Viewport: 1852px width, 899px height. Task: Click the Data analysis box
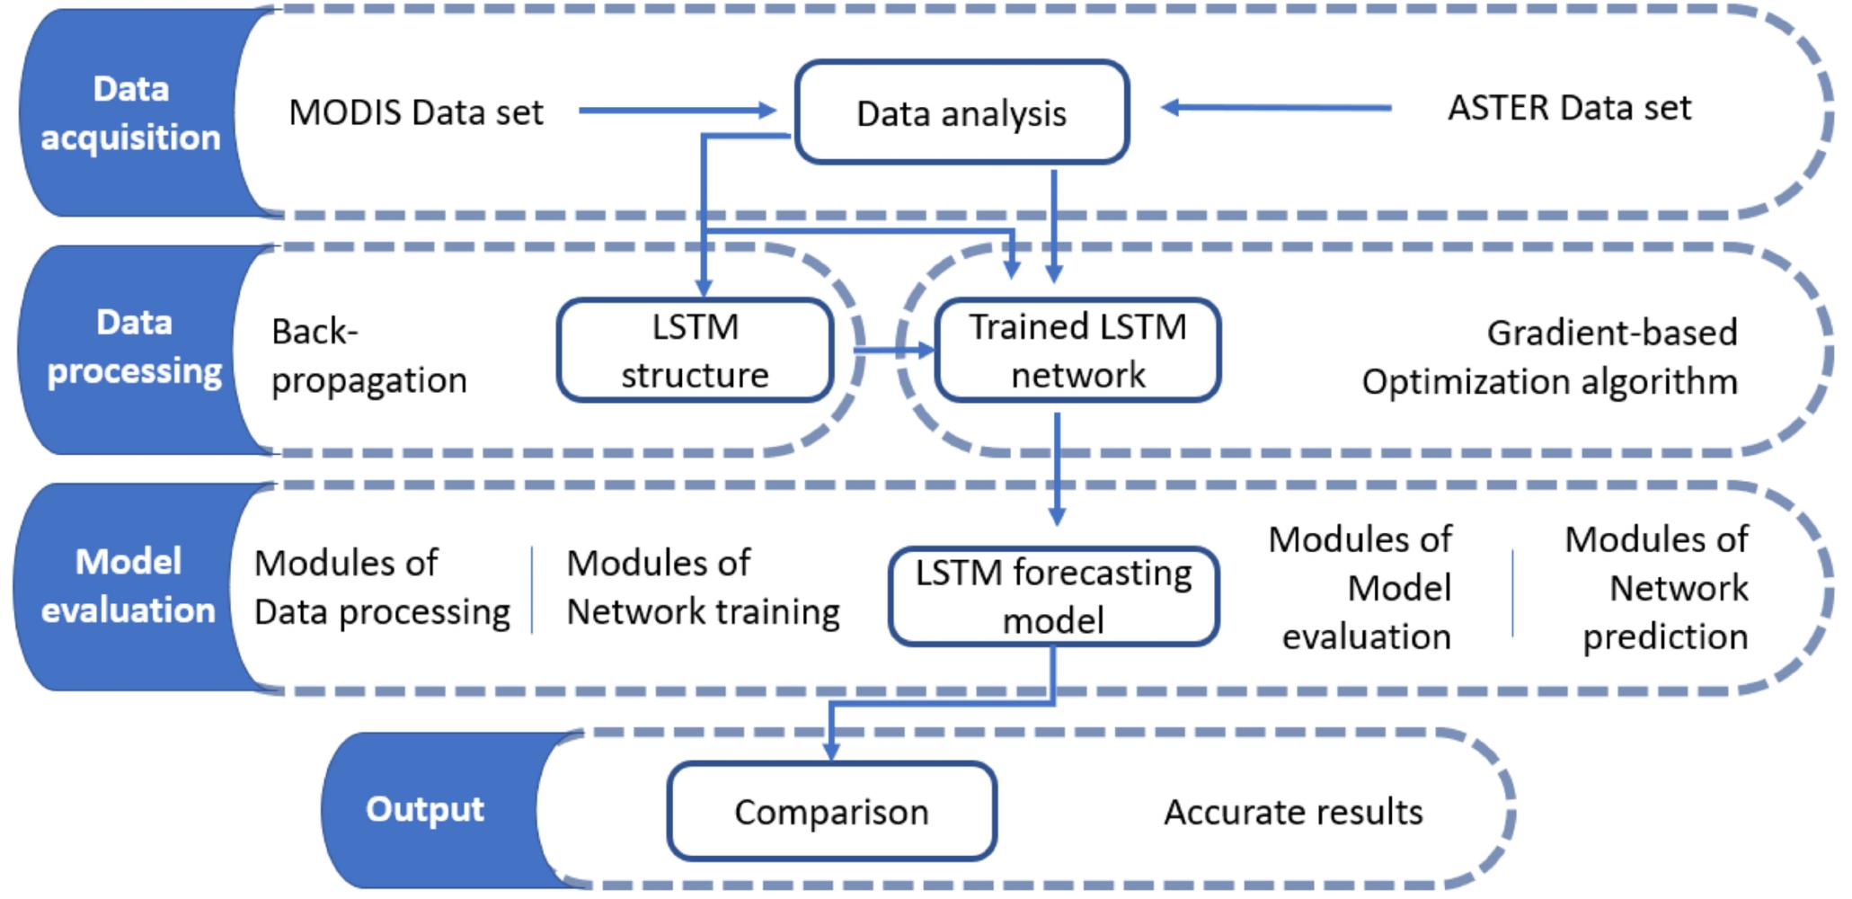(x=961, y=113)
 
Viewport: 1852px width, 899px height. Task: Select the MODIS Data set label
(x=415, y=113)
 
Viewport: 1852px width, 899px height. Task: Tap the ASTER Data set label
(x=1569, y=108)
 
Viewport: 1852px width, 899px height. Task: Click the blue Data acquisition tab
(x=130, y=113)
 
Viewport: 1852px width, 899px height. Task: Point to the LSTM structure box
(x=695, y=351)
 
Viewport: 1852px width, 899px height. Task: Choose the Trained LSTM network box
(x=1077, y=351)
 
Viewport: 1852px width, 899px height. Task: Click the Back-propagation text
(x=368, y=356)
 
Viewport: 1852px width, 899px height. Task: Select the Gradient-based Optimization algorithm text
(x=1550, y=358)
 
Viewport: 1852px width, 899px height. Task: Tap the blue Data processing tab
(x=134, y=347)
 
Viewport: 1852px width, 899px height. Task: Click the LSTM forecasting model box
(x=1053, y=597)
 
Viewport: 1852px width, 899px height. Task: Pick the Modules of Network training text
(x=703, y=588)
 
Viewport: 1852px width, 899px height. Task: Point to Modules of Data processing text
(x=382, y=588)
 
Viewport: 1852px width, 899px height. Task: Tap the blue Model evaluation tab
(x=128, y=586)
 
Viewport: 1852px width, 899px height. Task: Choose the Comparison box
(x=831, y=812)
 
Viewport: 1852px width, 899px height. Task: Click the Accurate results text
(x=1293, y=812)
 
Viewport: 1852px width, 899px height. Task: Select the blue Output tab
(x=425, y=809)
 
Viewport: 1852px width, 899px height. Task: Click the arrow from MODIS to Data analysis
(x=674, y=111)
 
